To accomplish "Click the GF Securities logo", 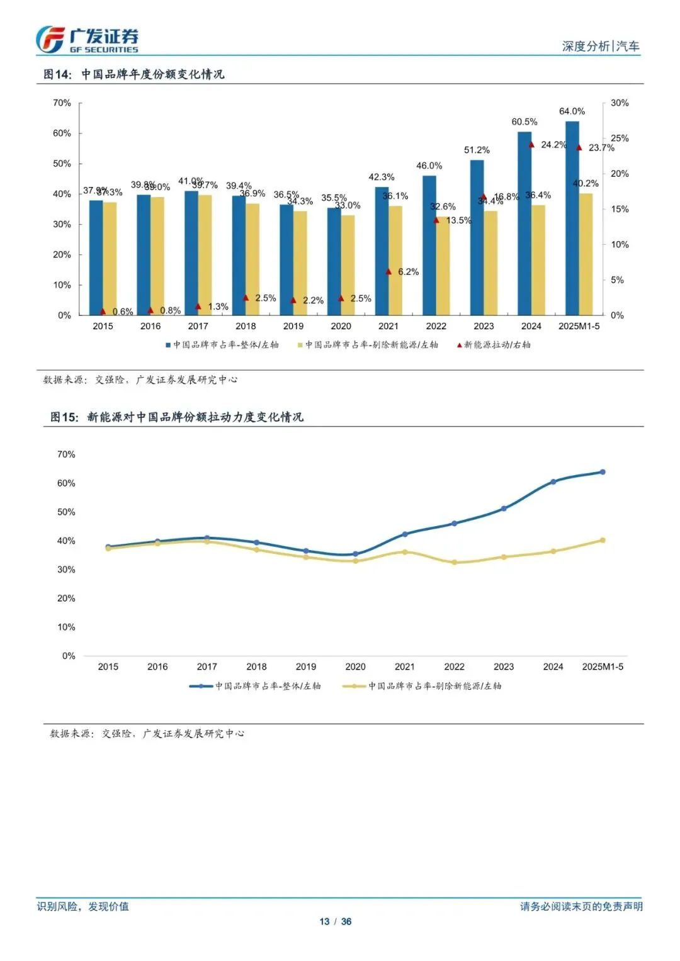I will [87, 40].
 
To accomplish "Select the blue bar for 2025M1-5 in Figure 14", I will [572, 218].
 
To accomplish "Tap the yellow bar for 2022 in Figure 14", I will [443, 265].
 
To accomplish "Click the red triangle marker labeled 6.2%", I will [388, 272].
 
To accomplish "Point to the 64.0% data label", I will [572, 111].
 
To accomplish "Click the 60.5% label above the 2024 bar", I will [524, 122].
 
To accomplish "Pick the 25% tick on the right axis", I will [620, 138].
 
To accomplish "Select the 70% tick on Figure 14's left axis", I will [62, 103].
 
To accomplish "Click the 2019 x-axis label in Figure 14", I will [293, 326].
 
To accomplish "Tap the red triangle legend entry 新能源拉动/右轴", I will [494, 345].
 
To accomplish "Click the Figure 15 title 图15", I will [64, 417].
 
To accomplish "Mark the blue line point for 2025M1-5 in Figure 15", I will [603, 472].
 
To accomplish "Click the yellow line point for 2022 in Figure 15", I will [454, 562].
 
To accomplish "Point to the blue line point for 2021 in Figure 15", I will [405, 534].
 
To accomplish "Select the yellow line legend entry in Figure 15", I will [422, 686].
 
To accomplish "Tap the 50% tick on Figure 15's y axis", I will [66, 512].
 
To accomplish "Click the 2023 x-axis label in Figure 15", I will [504, 666].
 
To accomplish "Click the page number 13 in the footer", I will [324, 921].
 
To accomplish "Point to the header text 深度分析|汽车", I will [600, 46].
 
